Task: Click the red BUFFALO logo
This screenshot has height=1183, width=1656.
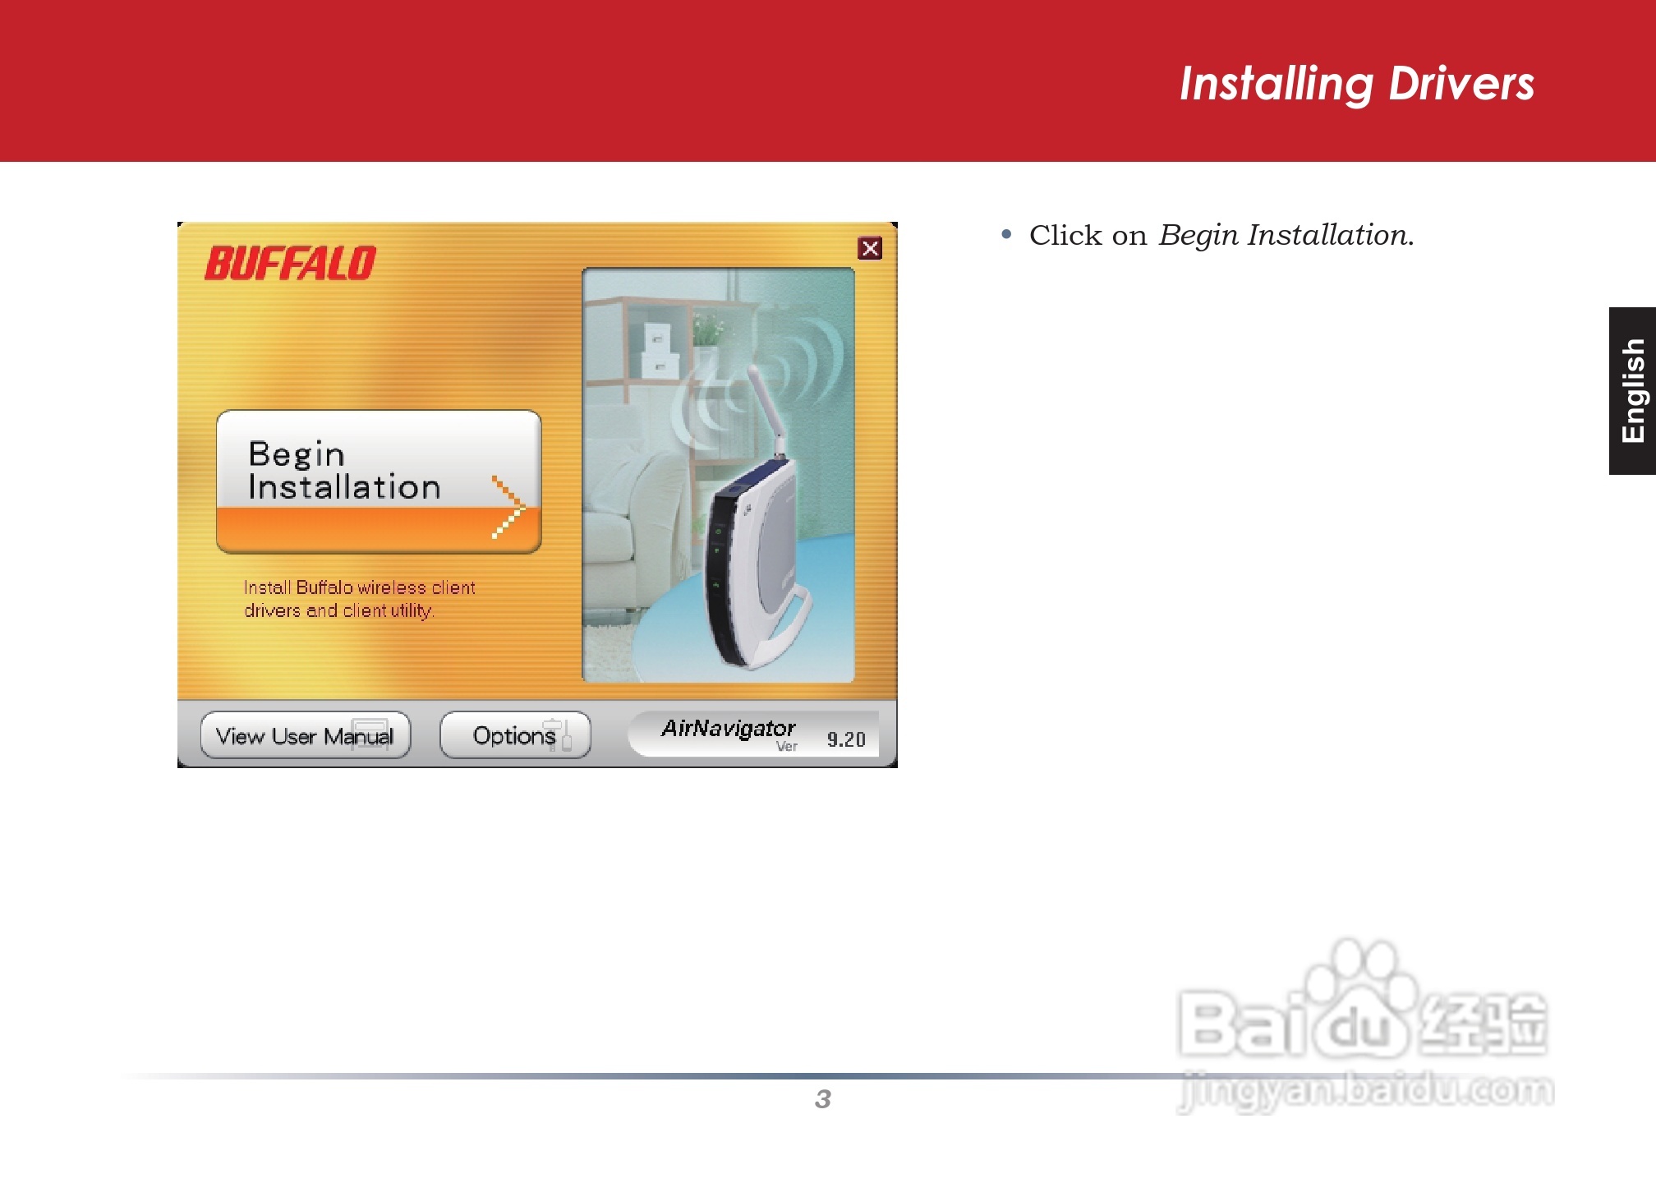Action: [x=290, y=263]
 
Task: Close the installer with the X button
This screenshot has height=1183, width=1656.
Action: [x=870, y=248]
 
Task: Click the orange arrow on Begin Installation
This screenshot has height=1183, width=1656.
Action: [x=508, y=507]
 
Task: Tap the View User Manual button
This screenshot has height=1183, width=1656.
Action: [x=305, y=735]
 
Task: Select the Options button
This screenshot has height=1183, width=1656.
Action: [x=515, y=735]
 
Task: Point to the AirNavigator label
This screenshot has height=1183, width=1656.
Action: [x=729, y=729]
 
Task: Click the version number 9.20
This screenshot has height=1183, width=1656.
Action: [x=846, y=739]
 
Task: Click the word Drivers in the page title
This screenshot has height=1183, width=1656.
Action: [x=1461, y=84]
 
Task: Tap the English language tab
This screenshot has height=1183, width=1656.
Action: [x=1632, y=391]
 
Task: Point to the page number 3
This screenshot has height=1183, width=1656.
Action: [x=823, y=1099]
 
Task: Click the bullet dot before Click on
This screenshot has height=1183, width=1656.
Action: [x=1007, y=235]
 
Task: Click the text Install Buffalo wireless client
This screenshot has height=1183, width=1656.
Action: [x=360, y=587]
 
